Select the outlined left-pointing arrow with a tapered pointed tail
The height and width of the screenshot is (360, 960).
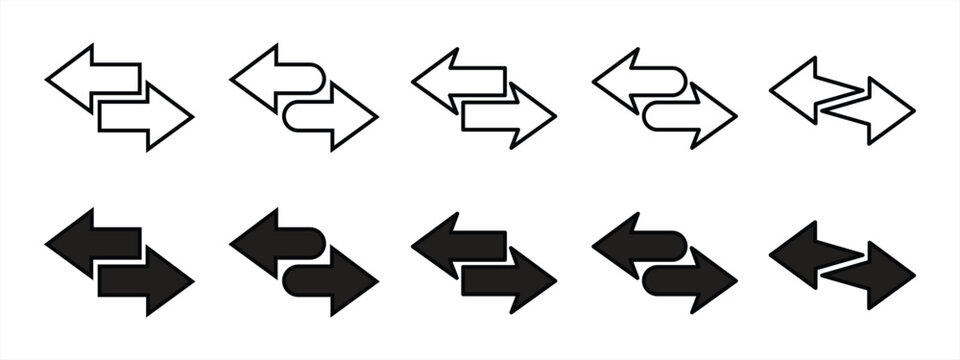[x=805, y=90]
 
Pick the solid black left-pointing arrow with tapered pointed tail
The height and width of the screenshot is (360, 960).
[x=805, y=255]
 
